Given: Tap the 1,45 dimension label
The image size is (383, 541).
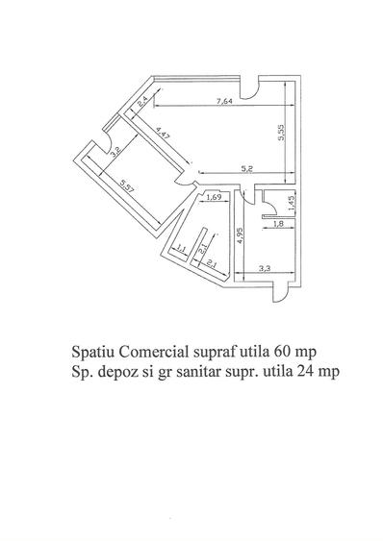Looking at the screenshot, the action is [290, 203].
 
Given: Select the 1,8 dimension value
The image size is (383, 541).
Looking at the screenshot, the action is [277, 224].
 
